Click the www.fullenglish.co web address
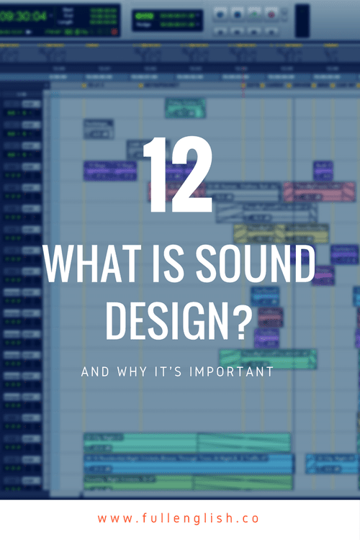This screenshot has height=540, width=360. (x=179, y=518)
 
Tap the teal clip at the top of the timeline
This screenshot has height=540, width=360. (x=186, y=107)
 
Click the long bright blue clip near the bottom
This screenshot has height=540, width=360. (x=187, y=462)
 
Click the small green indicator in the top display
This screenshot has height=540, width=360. (x=144, y=14)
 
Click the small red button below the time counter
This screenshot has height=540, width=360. (x=114, y=32)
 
